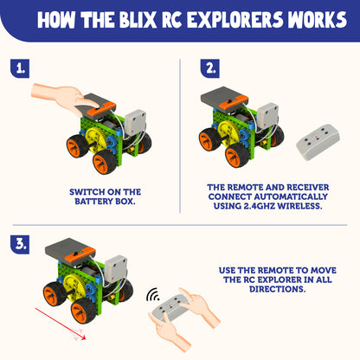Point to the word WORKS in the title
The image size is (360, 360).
tap(313, 19)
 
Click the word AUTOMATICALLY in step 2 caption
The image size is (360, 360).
tap(285, 197)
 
